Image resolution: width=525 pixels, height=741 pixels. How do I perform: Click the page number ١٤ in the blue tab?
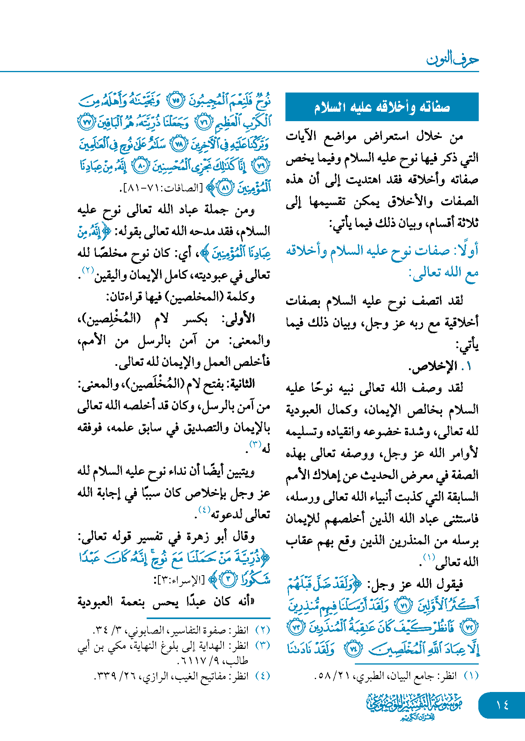[x=502, y=705]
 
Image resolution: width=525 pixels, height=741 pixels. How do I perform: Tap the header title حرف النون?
[x=452, y=59]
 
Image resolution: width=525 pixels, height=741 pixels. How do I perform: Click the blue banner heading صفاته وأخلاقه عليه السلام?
[x=382, y=107]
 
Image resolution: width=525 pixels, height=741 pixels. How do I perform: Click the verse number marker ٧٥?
[x=176, y=101]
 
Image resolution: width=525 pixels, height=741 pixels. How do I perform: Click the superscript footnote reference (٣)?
[x=255, y=444]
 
